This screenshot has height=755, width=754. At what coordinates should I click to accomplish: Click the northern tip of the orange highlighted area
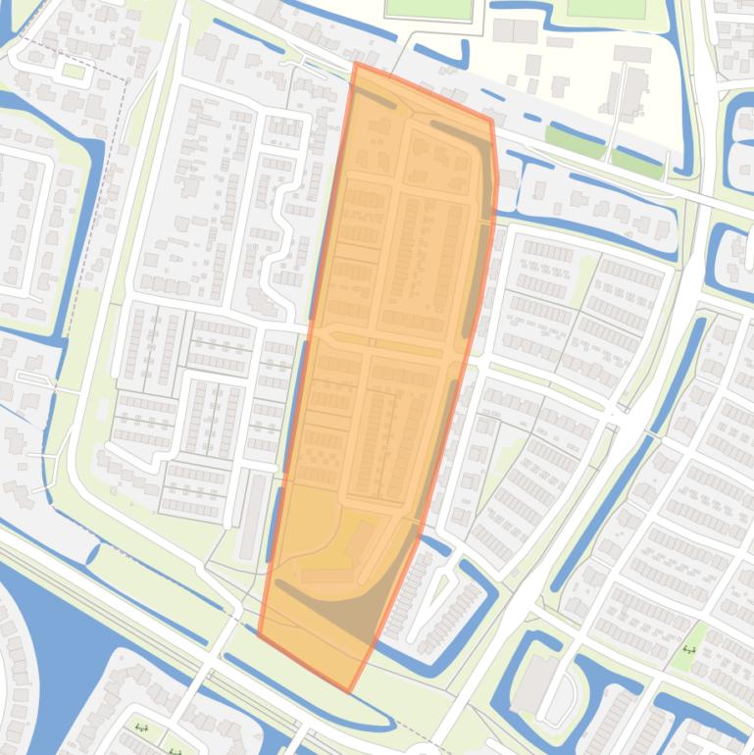(x=355, y=64)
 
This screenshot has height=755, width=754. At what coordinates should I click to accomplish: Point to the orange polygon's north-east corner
(x=491, y=122)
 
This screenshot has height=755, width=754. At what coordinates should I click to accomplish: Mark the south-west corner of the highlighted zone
(x=258, y=633)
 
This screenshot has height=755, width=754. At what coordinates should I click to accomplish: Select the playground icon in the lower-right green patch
(x=689, y=649)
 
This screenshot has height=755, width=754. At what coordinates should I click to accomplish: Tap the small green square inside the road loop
(x=73, y=71)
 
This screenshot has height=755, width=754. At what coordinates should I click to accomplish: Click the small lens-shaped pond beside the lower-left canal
(x=93, y=555)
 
